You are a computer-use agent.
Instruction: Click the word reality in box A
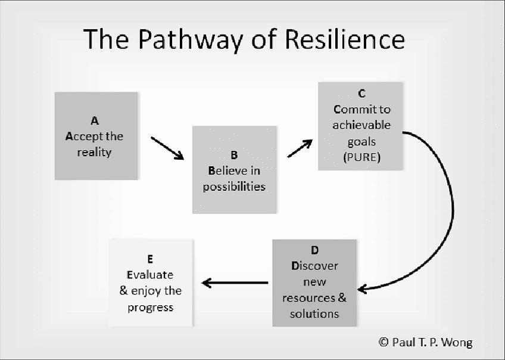click(x=94, y=152)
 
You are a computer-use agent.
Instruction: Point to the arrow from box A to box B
click(x=167, y=148)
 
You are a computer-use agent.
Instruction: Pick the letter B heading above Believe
click(x=234, y=155)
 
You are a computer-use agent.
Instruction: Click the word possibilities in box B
click(x=234, y=187)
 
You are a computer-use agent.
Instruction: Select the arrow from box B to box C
click(x=300, y=148)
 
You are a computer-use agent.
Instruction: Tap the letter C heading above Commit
click(x=361, y=94)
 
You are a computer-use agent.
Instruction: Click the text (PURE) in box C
click(x=361, y=157)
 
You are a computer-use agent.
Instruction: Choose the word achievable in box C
click(x=361, y=125)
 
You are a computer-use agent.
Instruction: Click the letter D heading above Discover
click(x=314, y=250)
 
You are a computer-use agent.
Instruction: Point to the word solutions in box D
click(x=314, y=314)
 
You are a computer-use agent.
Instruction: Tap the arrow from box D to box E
click(x=235, y=283)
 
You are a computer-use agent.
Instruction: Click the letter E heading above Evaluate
click(x=150, y=259)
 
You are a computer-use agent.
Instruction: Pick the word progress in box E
click(x=150, y=307)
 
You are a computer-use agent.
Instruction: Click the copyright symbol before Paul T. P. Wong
click(x=384, y=342)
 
